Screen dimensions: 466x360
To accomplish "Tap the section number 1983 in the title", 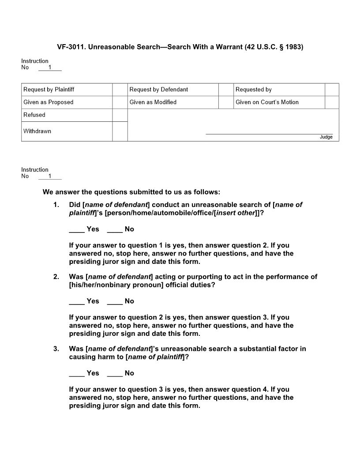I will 294,46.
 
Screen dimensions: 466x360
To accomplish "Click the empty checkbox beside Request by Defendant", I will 226,90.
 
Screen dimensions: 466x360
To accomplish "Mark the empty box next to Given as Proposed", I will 120,102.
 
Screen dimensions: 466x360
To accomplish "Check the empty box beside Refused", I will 120,115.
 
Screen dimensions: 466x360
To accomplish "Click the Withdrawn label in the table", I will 37,131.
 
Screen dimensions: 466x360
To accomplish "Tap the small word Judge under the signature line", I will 326,137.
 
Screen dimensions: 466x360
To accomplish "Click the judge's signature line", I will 269,133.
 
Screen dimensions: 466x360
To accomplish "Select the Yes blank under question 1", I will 77,229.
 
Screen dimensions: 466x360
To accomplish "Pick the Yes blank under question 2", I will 77,301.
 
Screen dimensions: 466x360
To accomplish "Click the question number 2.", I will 56,277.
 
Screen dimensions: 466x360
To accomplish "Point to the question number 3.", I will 56,349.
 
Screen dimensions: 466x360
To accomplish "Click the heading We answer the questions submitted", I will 131,192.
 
